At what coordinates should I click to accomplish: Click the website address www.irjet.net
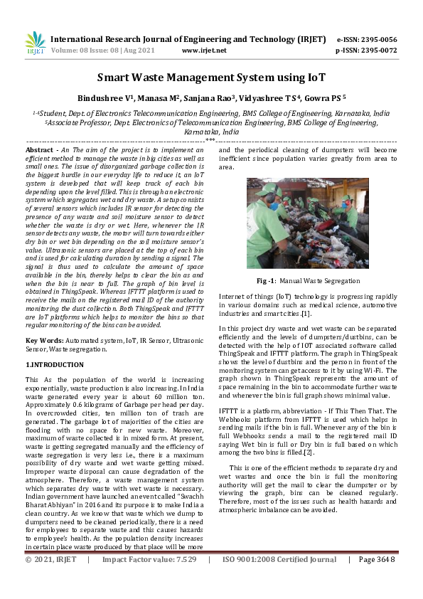pyautogui.click(x=204, y=51)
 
